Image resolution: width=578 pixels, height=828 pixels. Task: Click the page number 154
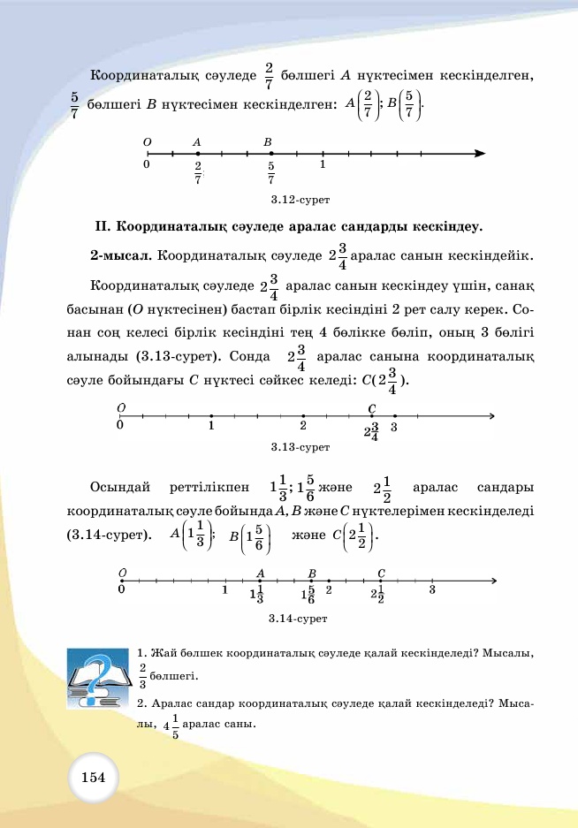pos(93,777)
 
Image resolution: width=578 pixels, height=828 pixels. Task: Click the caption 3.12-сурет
pos(294,200)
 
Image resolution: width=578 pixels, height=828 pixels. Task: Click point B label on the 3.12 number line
pos(267,141)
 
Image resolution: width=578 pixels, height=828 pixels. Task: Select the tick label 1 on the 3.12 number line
pos(323,164)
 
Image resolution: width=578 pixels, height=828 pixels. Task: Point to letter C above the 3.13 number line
pos(372,408)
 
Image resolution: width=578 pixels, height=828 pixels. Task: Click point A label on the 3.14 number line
pos(260,574)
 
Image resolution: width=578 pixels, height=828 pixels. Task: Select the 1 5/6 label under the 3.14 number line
pos(308,595)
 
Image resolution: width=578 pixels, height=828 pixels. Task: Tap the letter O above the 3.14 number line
pos(121,574)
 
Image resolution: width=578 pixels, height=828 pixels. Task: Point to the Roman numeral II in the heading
pos(102,226)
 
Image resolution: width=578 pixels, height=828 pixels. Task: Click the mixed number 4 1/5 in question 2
pos(171,726)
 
